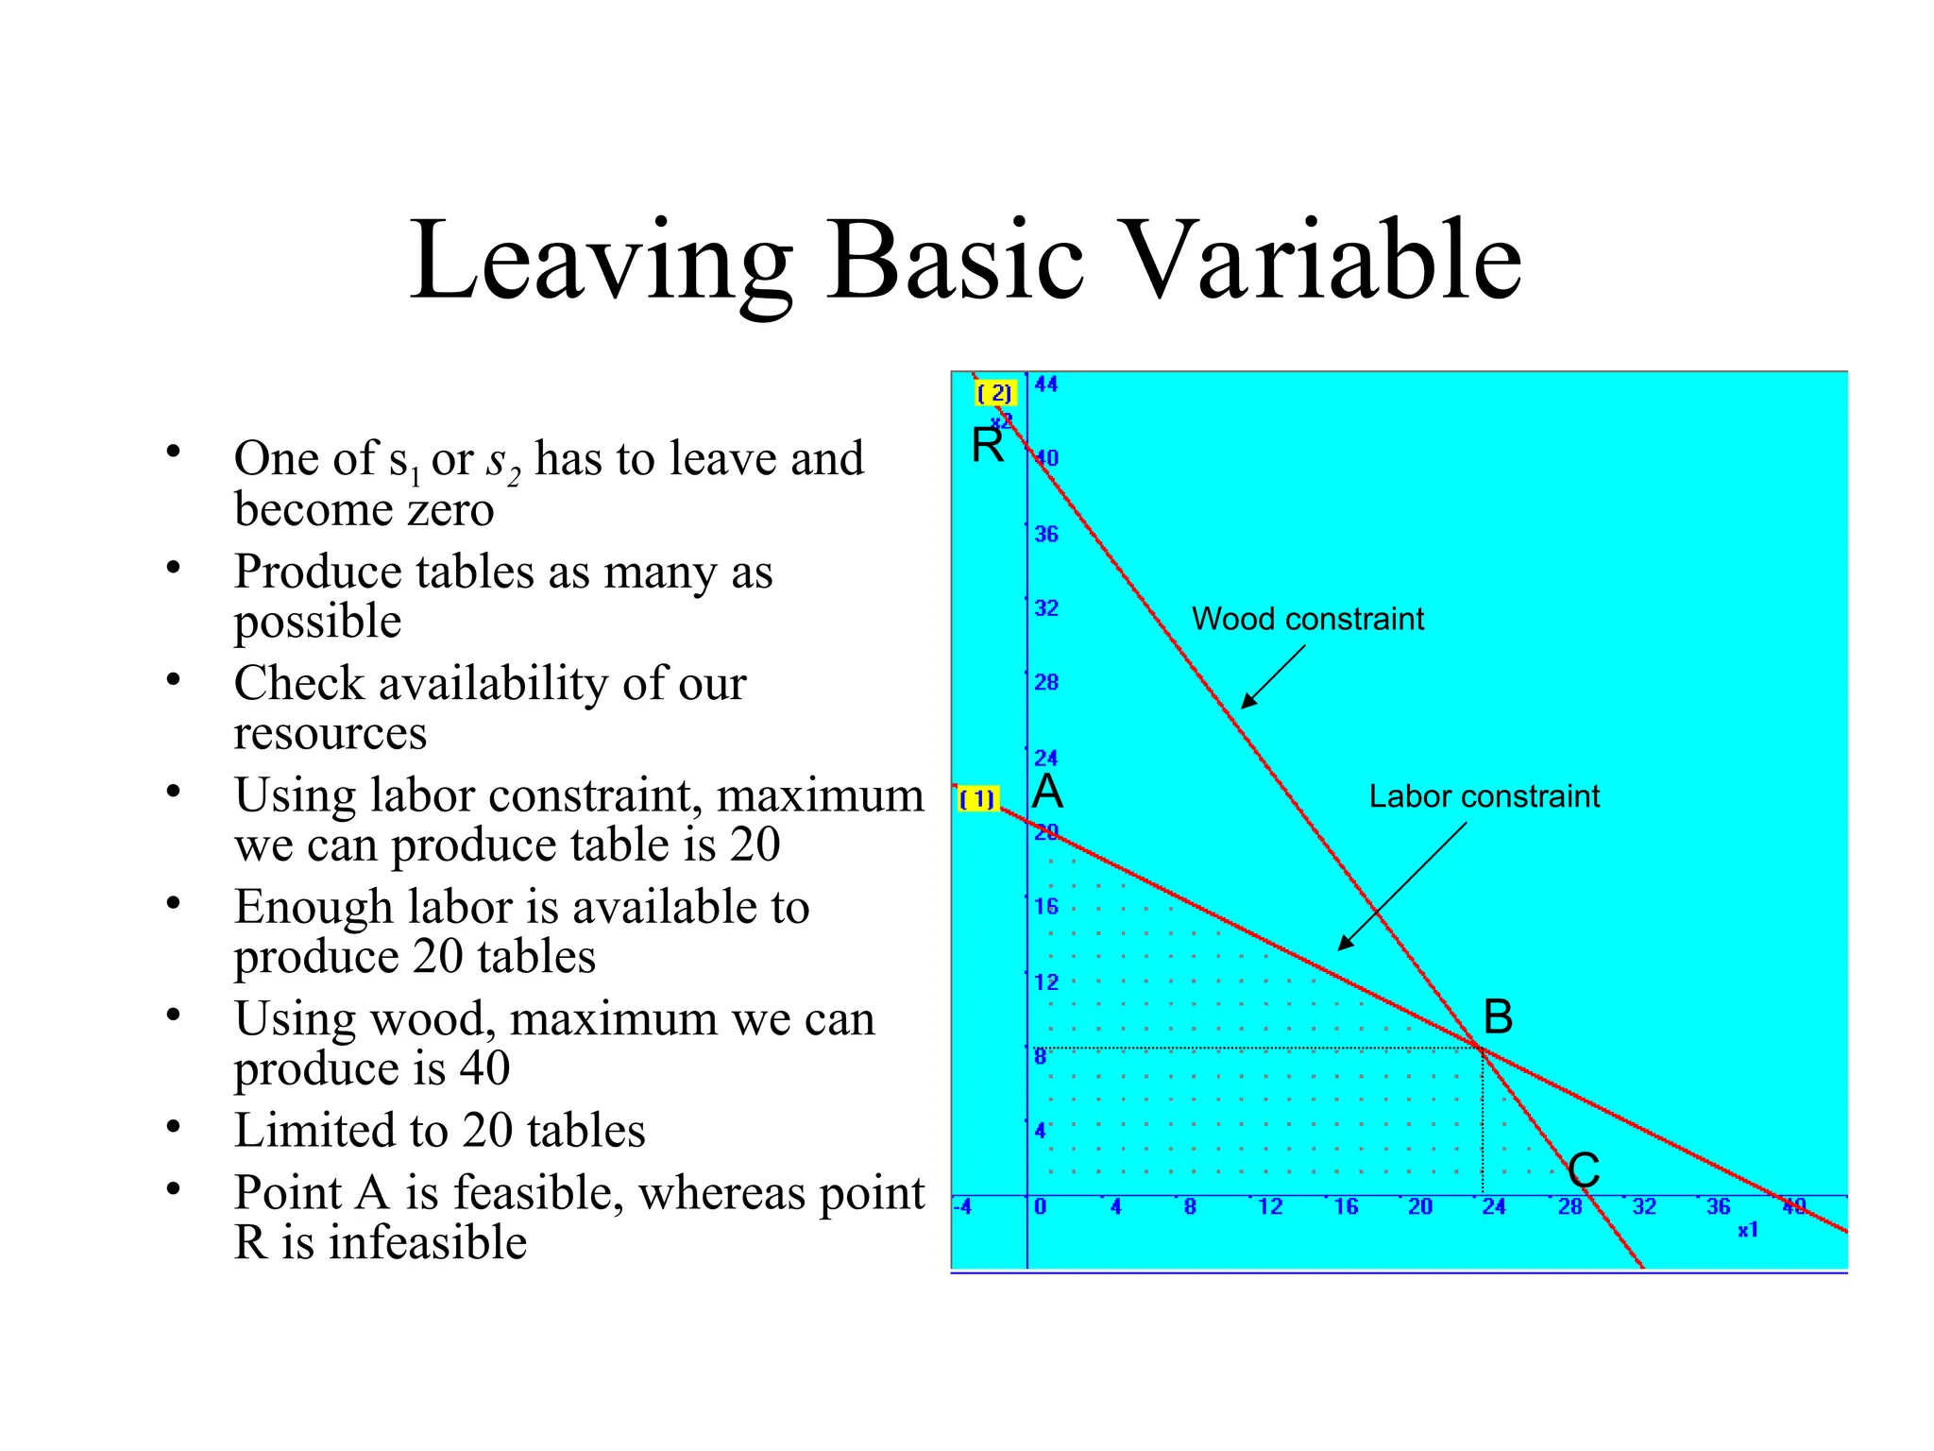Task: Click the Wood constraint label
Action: coord(1307,619)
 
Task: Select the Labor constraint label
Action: coord(1484,796)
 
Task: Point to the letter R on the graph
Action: coord(988,445)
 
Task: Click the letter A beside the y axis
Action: coord(1047,792)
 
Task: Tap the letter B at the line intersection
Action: coord(1498,1017)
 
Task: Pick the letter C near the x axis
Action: coord(1584,1170)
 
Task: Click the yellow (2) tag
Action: coord(994,393)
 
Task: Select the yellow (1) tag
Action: coord(977,799)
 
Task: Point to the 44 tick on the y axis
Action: coord(1046,384)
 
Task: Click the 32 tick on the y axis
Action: coord(1046,608)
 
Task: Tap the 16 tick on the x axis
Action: coord(1346,1206)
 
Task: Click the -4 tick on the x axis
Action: coord(962,1206)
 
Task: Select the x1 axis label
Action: coord(1748,1230)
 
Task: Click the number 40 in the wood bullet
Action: coord(484,1068)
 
